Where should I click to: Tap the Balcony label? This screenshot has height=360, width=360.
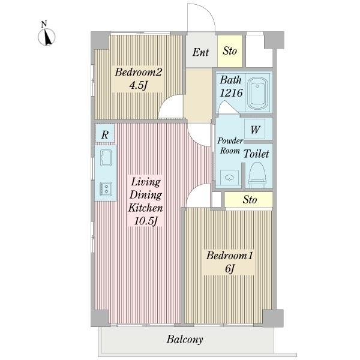[185, 340]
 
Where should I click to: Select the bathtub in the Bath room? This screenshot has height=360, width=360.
[258, 93]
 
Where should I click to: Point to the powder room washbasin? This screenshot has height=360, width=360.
[229, 178]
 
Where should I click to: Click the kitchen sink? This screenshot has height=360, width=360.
[106, 157]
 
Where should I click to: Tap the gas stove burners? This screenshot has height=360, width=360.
[106, 189]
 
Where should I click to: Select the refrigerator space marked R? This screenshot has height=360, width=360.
[105, 134]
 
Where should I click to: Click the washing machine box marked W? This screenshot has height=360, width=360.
[254, 130]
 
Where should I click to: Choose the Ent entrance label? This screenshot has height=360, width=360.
[200, 52]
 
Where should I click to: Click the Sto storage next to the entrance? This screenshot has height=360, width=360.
[230, 51]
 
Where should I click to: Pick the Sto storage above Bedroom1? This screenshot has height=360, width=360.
[248, 199]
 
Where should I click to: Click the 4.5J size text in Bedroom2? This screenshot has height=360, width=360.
[138, 86]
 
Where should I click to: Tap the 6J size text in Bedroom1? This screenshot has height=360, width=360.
[230, 268]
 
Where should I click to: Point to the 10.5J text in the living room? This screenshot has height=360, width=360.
[146, 221]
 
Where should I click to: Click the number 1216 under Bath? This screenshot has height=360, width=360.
[231, 93]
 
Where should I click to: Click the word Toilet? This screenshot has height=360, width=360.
[256, 154]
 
